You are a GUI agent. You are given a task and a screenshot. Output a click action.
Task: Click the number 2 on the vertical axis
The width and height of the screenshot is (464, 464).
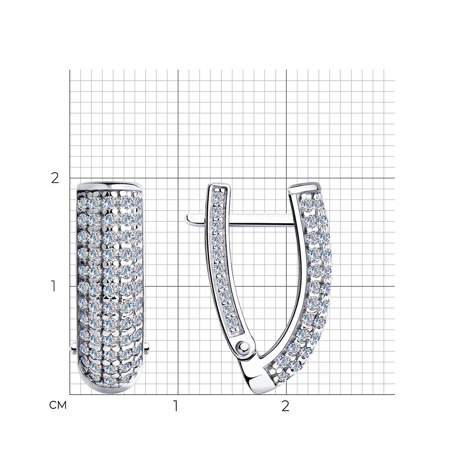coord(55,179)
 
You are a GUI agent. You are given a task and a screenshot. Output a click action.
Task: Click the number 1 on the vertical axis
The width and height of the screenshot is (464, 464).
coord(53,286)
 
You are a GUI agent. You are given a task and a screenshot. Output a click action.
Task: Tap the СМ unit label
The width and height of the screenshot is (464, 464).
coord(58,405)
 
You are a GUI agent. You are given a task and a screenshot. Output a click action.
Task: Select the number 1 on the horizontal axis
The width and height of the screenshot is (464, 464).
coord(176,406)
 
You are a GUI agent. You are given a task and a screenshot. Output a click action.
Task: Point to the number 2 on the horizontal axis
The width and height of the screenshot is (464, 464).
coord(285,406)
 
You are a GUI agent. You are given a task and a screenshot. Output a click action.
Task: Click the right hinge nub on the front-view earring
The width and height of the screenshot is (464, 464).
coord(147,348)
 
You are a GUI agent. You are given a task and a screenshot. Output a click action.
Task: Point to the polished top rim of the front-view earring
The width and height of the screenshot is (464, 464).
coord(110,187)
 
